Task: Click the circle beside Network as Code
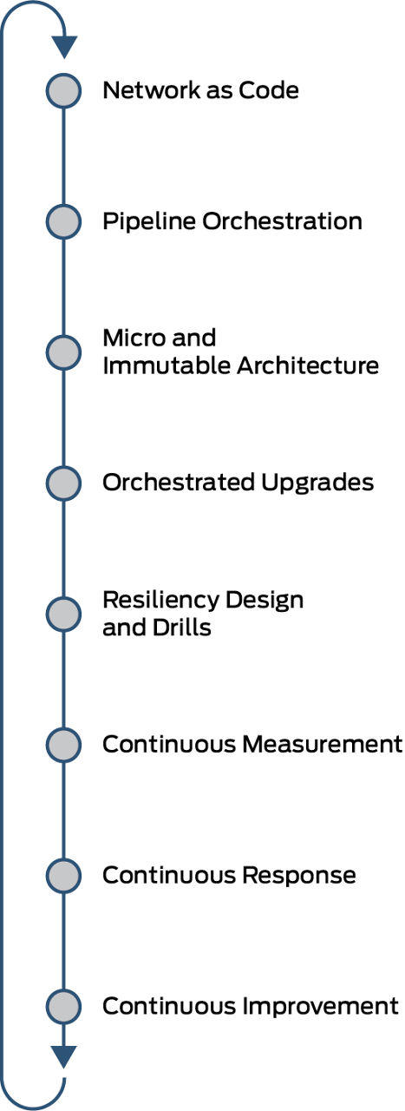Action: point(63,91)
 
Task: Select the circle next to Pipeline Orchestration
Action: point(63,221)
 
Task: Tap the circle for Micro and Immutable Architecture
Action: point(63,352)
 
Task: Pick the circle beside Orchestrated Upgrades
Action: point(63,483)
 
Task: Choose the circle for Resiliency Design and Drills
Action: point(63,614)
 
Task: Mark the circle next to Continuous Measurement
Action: point(63,745)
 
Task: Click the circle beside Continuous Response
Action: point(63,876)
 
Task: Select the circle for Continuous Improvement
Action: point(63,1006)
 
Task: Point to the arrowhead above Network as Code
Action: point(64,47)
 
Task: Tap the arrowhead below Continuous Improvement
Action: point(64,1057)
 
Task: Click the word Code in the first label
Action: point(269,90)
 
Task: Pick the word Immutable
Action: point(167,365)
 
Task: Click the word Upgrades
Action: point(317,483)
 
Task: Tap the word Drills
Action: point(182,628)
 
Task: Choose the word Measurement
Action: point(323,744)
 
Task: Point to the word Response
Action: point(299,876)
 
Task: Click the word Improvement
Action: point(321,1006)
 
